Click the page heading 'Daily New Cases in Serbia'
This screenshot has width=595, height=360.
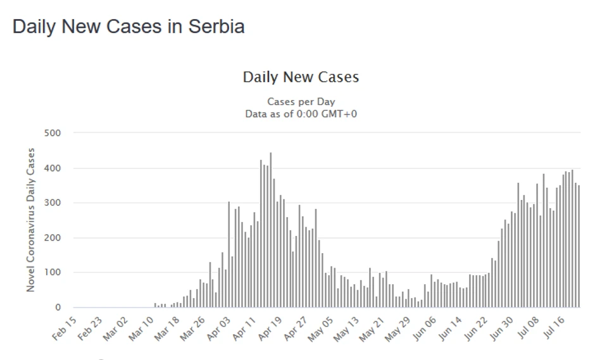(128, 27)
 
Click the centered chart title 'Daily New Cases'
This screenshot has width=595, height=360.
(301, 77)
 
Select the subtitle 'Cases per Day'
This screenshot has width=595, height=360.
(301, 101)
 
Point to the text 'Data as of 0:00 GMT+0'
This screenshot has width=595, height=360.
(301, 113)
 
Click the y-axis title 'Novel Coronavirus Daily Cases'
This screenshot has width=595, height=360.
(30, 220)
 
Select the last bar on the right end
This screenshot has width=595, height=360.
(579, 247)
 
